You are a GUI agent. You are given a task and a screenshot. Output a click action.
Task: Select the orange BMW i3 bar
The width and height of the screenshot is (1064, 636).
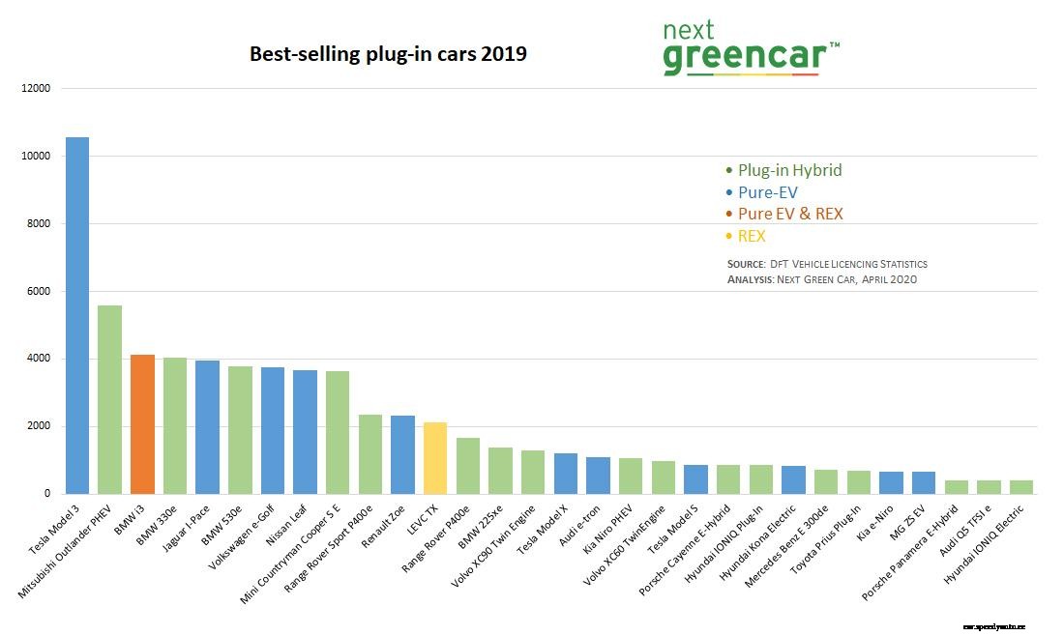coord(142,424)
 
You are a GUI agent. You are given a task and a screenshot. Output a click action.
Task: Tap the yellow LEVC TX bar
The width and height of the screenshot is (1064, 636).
coord(435,458)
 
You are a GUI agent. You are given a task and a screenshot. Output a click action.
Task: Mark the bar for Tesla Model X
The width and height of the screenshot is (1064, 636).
coord(566,474)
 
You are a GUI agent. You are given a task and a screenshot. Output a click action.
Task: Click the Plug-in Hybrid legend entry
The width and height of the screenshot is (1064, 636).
coord(783,170)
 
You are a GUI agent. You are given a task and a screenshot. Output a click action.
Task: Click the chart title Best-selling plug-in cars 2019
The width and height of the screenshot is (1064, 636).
coord(388,54)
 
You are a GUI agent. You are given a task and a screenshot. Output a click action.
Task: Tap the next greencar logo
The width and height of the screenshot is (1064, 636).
coord(750,48)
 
